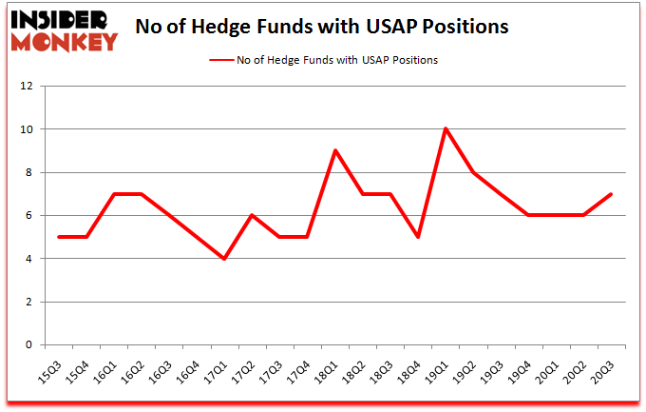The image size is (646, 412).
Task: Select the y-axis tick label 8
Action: tap(28, 173)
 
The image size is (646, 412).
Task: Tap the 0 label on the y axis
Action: tap(28, 345)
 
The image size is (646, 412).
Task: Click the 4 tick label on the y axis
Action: tap(28, 259)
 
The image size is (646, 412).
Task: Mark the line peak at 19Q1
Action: tap(445, 129)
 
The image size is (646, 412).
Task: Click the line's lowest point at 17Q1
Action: tap(223, 259)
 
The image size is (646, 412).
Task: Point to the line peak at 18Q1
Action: tap(334, 150)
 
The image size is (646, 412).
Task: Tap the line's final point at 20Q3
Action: tap(611, 194)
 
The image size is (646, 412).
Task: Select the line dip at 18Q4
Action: tap(417, 237)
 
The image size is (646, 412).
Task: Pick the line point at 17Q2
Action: tap(251, 215)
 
